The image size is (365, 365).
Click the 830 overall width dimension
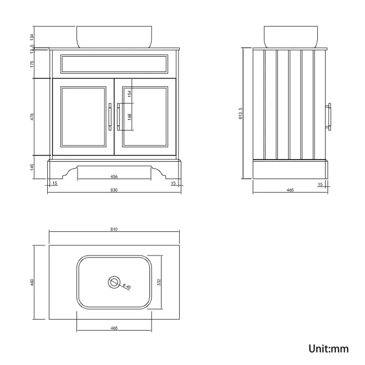pos(114,190)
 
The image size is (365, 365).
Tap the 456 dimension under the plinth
pos(114,176)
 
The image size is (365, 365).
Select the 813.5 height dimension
pos(240,113)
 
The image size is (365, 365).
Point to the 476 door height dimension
pos(32,117)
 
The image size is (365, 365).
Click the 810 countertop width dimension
pos(114,229)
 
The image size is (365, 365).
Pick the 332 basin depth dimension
pos(159,282)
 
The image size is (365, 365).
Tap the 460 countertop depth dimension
pos(32,282)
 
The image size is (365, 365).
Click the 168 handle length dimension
pos(129,117)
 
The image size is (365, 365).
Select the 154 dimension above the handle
pos(129,94)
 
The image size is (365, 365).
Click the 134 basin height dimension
pos(32,37)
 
